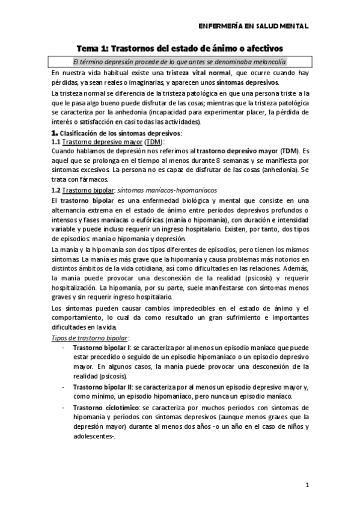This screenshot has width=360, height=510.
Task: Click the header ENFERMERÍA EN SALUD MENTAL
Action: (x=253, y=26)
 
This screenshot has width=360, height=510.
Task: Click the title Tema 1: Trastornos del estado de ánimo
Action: (x=180, y=48)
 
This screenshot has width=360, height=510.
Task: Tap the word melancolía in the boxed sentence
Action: (x=269, y=61)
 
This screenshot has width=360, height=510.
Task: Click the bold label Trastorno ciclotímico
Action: (x=103, y=407)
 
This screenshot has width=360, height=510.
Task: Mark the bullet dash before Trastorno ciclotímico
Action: (x=64, y=407)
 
